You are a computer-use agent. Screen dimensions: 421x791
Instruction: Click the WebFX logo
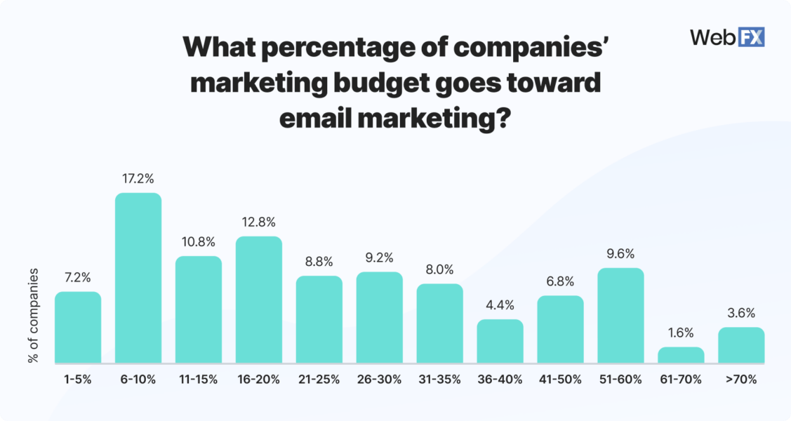tap(727, 37)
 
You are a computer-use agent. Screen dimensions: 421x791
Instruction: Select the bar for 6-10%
tap(138, 278)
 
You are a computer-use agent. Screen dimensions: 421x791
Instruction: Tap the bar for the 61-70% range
tap(681, 355)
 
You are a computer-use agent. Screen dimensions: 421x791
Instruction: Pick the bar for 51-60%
tap(620, 315)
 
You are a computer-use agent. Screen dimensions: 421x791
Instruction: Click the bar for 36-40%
tap(500, 341)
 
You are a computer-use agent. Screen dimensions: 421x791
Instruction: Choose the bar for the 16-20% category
tap(259, 300)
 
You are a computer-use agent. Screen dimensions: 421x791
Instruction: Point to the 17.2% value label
tap(138, 179)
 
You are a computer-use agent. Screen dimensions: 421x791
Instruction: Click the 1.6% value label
tap(681, 333)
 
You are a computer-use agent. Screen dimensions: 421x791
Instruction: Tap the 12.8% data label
tap(259, 222)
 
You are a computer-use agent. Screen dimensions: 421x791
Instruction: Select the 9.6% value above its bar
tap(620, 253)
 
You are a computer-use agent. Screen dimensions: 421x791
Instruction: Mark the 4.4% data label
tap(500, 305)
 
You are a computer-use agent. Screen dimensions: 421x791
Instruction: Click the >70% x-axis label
tap(741, 380)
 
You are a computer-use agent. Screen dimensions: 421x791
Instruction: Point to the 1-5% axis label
tap(78, 380)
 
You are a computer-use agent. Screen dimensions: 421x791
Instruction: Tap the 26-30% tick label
tap(380, 380)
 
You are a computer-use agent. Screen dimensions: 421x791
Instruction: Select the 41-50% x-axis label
tap(560, 380)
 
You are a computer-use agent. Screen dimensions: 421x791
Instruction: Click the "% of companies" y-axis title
tap(33, 314)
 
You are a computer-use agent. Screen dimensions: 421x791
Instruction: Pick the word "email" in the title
tap(316, 119)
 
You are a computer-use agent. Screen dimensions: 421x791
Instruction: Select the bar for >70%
tap(741, 345)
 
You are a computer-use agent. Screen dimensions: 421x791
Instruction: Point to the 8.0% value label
tap(439, 269)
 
